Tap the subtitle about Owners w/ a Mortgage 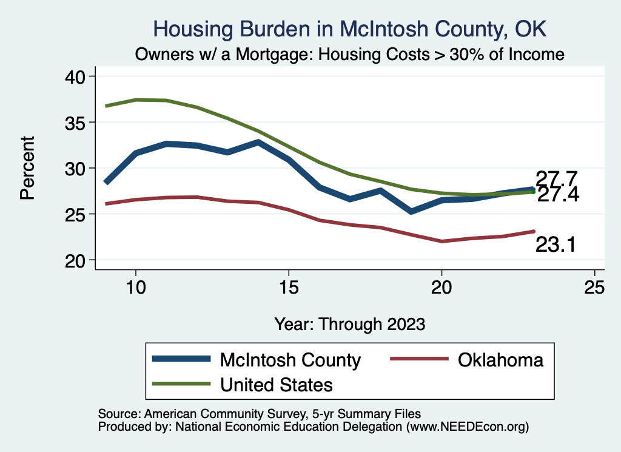click(350, 55)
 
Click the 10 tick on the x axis click(136, 287)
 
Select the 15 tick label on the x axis click(289, 287)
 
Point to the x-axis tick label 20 click(441, 287)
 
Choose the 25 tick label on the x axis click(594, 287)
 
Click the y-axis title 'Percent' click(27, 168)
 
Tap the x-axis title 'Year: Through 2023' click(349, 323)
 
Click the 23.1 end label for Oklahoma click(555, 245)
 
